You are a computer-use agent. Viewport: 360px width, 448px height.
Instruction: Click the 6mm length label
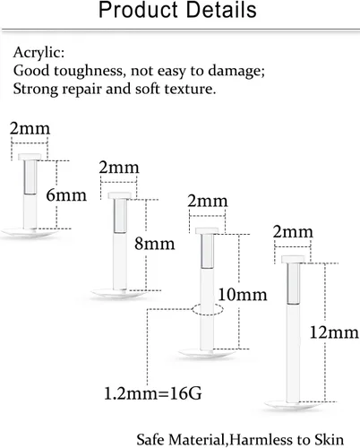[x=66, y=195]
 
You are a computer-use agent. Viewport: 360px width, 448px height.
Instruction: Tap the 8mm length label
[x=155, y=244]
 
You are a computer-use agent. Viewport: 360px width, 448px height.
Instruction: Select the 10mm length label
[x=243, y=295]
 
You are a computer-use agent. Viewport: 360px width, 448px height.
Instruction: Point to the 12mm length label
[x=334, y=332]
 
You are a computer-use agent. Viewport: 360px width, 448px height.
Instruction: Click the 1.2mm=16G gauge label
[x=153, y=393]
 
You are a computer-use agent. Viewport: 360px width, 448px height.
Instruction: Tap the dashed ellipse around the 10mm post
[x=208, y=310]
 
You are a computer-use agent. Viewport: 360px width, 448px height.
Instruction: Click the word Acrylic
[x=39, y=53]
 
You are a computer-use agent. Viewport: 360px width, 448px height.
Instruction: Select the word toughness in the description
[x=89, y=71]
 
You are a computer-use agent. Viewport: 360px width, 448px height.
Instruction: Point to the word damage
[x=236, y=71]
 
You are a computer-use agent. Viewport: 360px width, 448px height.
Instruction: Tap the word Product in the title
[x=138, y=10]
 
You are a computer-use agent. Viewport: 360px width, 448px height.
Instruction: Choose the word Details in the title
[x=221, y=10]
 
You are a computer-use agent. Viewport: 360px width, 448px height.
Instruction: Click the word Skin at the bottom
[x=329, y=440]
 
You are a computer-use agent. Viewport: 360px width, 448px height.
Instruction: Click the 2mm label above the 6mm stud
[x=30, y=128]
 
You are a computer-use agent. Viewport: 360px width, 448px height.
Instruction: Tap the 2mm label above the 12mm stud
[x=293, y=232]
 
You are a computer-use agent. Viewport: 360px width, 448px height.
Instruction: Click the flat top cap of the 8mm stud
[x=120, y=195]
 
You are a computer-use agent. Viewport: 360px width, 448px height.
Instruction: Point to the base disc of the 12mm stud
[x=293, y=405]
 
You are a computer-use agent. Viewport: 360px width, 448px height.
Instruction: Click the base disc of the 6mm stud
[x=30, y=232]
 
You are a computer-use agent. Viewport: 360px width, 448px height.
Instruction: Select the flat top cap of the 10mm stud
[x=207, y=230]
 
